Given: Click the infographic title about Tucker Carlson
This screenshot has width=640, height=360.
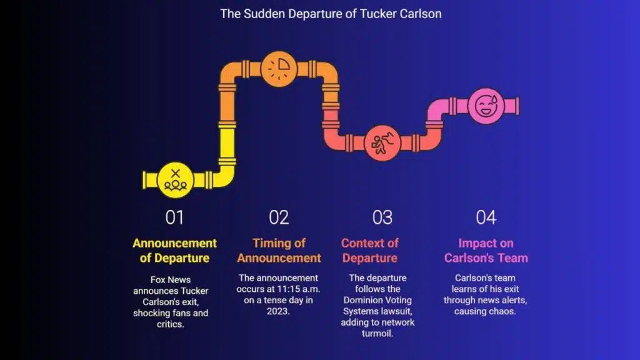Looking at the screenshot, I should [331, 13].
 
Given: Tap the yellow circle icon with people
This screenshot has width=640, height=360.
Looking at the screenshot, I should [175, 179].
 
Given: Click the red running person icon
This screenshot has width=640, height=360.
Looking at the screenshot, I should [382, 142].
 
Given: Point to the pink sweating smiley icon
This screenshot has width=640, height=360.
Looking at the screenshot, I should [485, 105].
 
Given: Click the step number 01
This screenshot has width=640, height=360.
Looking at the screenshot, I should [175, 217].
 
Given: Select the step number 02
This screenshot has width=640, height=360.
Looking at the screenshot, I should [279, 217].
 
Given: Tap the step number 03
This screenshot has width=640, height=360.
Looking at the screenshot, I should [382, 217].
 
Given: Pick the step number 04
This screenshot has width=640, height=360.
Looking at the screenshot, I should [486, 217].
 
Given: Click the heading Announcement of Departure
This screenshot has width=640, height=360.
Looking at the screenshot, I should [175, 251].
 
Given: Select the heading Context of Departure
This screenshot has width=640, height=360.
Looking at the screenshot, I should [369, 251].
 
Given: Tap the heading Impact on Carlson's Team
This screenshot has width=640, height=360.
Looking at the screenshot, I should [486, 250].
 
